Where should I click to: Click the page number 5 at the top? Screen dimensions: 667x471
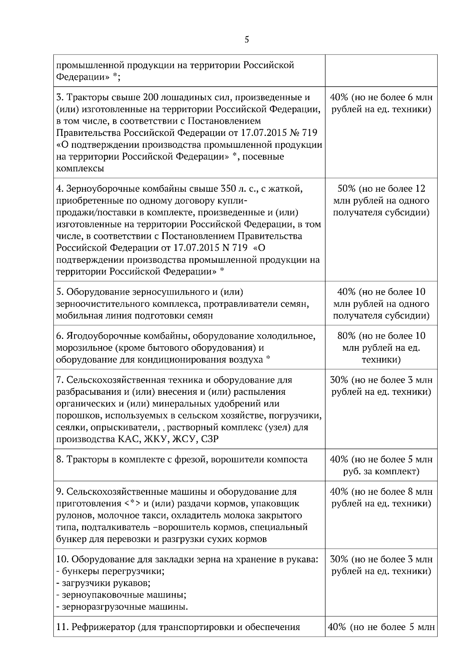[246, 40]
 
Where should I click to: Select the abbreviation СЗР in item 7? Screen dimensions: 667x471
[210, 439]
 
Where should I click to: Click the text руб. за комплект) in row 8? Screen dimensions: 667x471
[381, 471]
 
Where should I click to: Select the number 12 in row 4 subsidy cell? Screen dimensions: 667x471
[420, 189]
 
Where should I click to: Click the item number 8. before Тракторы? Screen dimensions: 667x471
[60, 460]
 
